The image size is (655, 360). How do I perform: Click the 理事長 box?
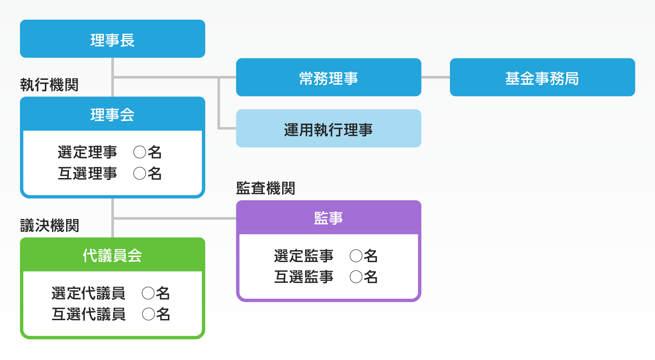click(112, 39)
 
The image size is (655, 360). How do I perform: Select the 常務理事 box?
click(328, 78)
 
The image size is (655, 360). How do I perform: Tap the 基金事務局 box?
click(542, 78)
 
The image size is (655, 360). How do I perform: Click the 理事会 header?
click(112, 114)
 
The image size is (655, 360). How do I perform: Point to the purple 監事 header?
click(328, 217)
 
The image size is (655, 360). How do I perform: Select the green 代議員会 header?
click(112, 255)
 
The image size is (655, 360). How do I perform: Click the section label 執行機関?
click(49, 85)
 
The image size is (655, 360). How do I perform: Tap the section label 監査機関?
click(265, 188)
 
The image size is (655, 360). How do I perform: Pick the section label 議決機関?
click(49, 225)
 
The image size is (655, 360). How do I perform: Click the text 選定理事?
click(87, 152)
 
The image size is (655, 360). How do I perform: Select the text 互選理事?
click(87, 173)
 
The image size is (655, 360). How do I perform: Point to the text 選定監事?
click(303, 256)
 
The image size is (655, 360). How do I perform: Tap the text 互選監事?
click(303, 277)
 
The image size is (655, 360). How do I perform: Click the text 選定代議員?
click(88, 293)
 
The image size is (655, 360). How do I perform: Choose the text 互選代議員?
click(88, 314)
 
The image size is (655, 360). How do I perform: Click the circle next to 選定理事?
click(140, 152)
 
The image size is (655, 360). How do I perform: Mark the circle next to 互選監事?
click(356, 277)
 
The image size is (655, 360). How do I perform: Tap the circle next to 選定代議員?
click(148, 293)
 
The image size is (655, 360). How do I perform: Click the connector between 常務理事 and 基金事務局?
click(435, 78)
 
